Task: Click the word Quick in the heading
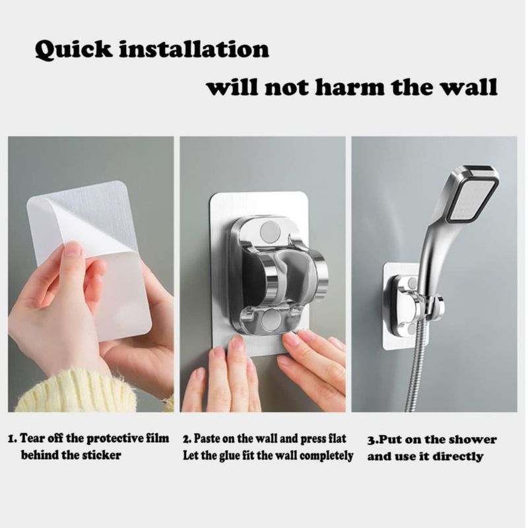click(x=73, y=50)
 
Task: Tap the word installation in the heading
click(x=194, y=49)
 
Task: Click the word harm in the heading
click(x=350, y=87)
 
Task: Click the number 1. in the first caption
click(x=13, y=438)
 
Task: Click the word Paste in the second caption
click(x=204, y=438)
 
